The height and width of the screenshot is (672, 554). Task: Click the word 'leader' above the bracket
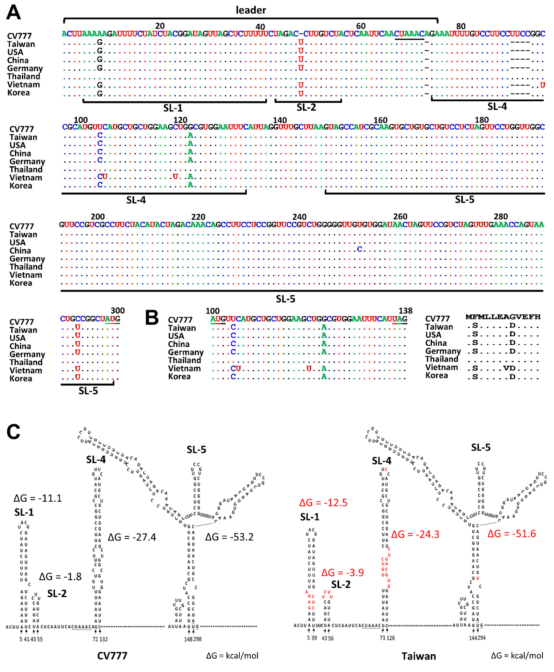point(251,10)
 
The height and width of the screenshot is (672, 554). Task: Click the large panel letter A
point(13,13)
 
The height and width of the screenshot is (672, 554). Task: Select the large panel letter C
point(13,432)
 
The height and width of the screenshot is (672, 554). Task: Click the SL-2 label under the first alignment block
point(306,107)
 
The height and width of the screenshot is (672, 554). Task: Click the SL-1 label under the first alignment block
point(173,108)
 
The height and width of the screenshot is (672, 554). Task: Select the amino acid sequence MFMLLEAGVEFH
point(503,317)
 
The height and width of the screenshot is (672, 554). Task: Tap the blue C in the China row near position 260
point(360,249)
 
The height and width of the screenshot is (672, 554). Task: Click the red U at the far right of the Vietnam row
point(542,85)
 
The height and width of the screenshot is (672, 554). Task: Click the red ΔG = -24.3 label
point(415,535)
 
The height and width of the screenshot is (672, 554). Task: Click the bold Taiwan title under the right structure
point(418,656)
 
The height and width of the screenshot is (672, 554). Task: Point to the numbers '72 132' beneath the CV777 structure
point(100,639)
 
